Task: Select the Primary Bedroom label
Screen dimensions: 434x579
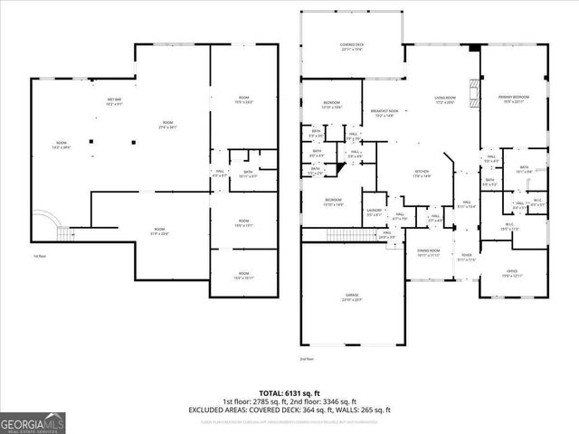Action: point(514,98)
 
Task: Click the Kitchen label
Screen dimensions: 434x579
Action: point(422,174)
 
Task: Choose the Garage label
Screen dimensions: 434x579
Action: point(352,297)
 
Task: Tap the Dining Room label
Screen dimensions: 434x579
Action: point(428,252)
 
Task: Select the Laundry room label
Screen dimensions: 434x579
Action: point(375,212)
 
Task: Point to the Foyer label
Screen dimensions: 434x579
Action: point(465,258)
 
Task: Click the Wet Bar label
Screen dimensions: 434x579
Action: point(115,102)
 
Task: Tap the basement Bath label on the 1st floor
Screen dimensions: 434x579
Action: point(247,175)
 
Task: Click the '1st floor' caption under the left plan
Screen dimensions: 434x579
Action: point(39,257)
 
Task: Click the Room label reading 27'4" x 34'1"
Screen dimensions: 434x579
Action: point(167,125)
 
